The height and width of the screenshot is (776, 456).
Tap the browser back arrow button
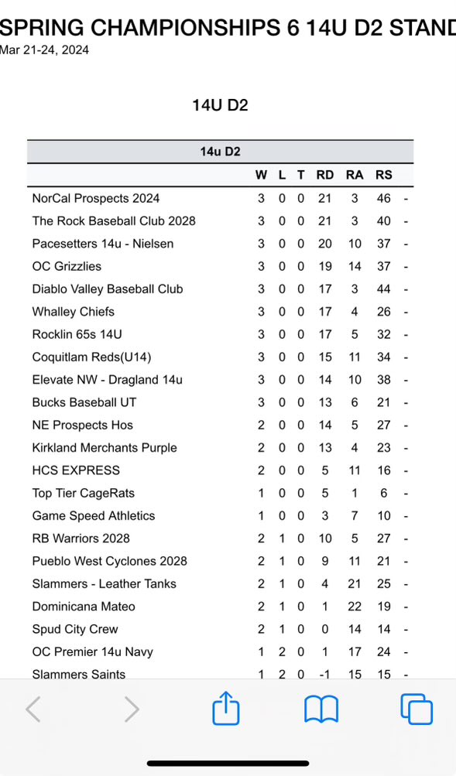coord(33,709)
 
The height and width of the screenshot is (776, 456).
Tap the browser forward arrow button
coord(132,709)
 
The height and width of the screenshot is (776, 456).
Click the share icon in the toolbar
coord(226,708)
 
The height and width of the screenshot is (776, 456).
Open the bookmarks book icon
coord(321,709)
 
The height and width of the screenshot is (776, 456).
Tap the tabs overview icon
coord(416,709)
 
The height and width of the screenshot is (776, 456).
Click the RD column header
coord(325,175)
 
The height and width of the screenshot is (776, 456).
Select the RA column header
coord(355,175)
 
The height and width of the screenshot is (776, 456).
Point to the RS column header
coord(383,175)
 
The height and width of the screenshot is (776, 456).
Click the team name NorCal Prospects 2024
coord(96,198)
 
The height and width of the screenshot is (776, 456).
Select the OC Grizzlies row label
coord(67,266)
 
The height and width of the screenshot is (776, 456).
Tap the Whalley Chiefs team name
coord(73,312)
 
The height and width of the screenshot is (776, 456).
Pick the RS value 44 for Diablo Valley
coord(383,289)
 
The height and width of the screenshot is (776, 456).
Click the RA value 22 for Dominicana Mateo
coord(355,607)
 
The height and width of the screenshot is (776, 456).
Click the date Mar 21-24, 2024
coord(44,50)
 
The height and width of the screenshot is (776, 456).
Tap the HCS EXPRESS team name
coord(76,470)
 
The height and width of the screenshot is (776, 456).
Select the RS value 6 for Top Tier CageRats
coord(383,493)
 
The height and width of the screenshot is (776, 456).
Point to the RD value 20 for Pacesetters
coord(325,244)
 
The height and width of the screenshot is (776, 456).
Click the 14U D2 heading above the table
coord(220,105)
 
